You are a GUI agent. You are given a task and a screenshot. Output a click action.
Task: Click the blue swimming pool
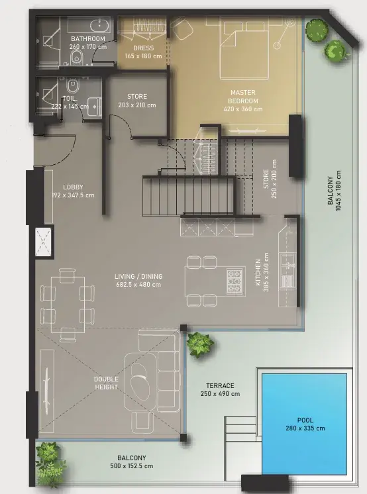(304, 424)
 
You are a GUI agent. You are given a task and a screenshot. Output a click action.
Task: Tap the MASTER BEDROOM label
(242, 97)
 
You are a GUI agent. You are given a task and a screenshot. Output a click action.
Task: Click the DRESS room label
(144, 48)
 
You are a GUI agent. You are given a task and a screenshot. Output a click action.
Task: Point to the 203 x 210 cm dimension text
(137, 105)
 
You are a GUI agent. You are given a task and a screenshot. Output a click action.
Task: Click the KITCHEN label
(258, 272)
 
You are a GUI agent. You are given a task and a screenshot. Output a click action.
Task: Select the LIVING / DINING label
(138, 276)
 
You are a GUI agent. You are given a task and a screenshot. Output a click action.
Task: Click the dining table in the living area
(68, 305)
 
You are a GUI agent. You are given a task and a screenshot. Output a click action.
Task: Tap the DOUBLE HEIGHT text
(106, 383)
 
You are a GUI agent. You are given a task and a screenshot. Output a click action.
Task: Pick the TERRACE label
(220, 385)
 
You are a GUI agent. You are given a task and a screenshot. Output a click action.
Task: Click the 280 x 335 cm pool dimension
(305, 428)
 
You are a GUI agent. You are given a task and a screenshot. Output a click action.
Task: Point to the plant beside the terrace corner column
(200, 344)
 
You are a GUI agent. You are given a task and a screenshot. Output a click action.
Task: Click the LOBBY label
(73, 187)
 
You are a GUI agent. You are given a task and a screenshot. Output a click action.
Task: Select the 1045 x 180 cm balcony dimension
(339, 191)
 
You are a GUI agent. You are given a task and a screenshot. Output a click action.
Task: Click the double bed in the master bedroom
(244, 50)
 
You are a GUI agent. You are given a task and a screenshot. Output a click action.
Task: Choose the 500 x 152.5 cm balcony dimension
(132, 466)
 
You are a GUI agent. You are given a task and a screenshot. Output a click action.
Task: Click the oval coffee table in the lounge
(138, 382)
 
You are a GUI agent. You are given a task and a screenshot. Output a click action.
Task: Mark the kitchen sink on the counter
(288, 262)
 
